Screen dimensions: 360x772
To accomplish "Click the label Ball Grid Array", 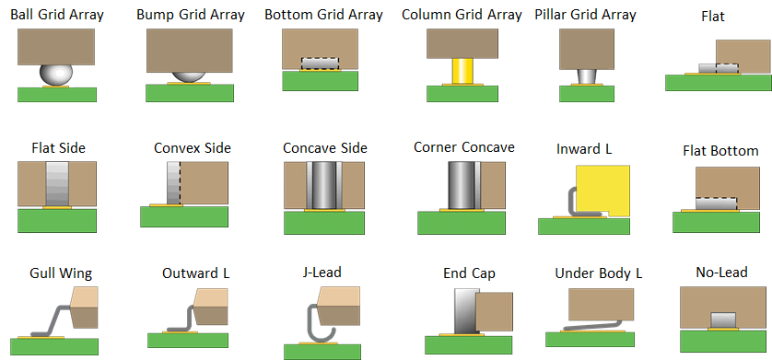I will (57, 15).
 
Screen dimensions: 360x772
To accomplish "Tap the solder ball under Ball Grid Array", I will (57, 75).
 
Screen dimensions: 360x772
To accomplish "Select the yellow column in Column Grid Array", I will (460, 71).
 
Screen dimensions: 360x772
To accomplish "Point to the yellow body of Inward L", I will (603, 190).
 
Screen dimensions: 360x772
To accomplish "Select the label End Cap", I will (469, 273).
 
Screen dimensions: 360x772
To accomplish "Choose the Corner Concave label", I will (463, 147).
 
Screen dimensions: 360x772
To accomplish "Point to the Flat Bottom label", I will (720, 150).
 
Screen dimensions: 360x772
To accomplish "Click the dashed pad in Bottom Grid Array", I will (320, 63).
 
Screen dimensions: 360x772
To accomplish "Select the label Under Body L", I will (598, 273).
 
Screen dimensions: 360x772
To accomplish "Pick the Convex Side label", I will (193, 147).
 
